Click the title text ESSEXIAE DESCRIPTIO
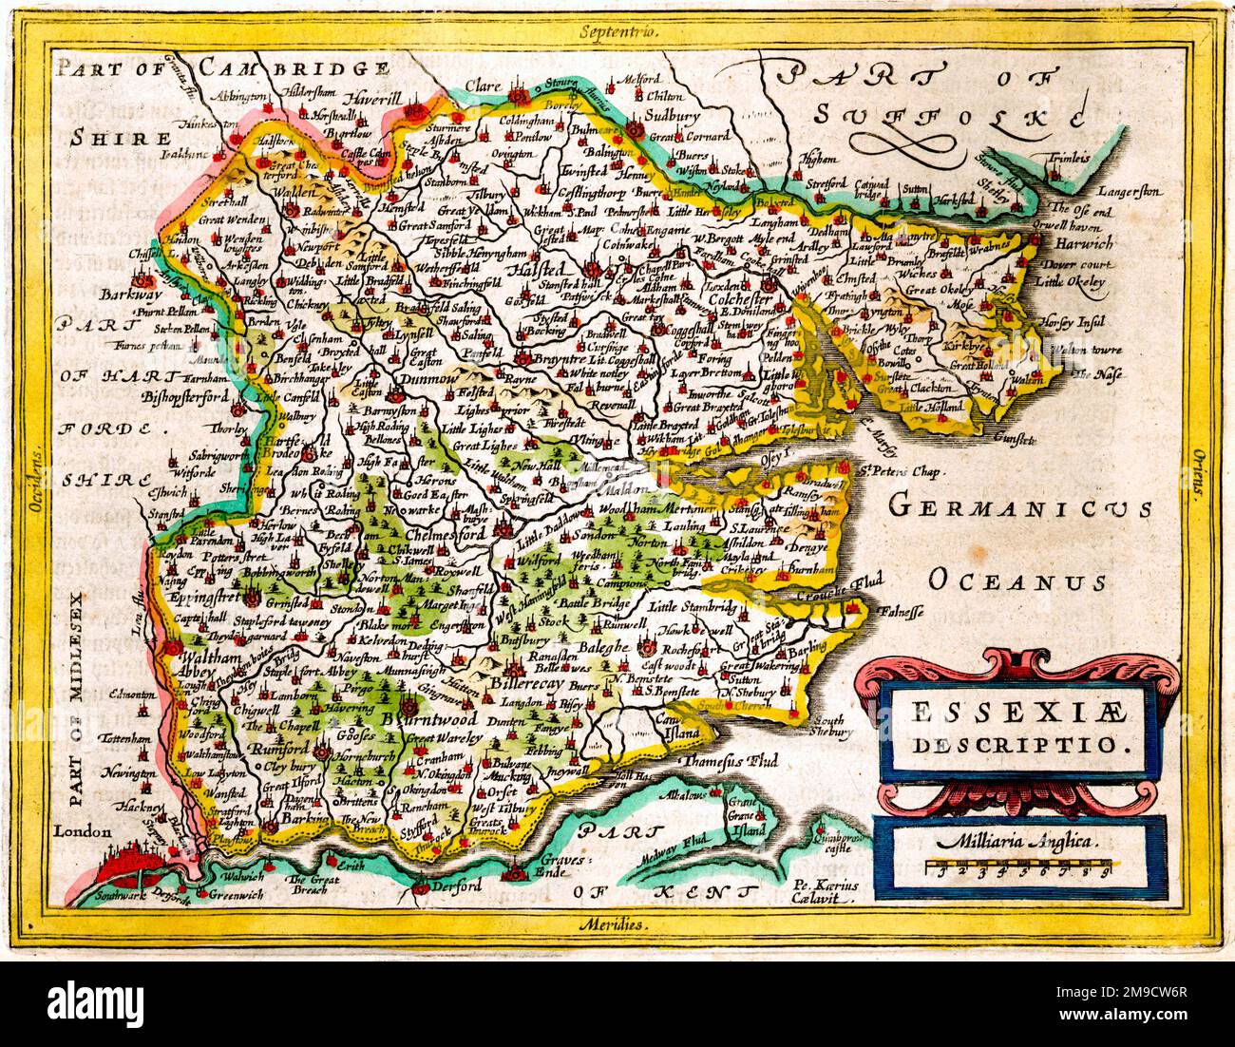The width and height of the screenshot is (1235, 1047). pyautogui.click(x=1017, y=727)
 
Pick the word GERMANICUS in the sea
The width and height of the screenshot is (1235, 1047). pyautogui.click(x=1021, y=507)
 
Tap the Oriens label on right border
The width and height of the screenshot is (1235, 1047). pyautogui.click(x=1199, y=475)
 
